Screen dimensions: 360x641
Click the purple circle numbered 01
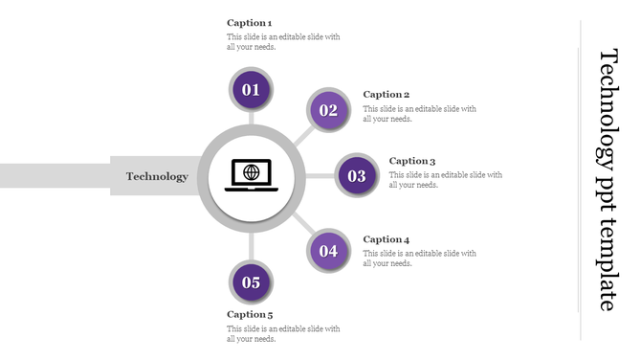click(252, 90)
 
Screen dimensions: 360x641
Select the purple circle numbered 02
click(328, 110)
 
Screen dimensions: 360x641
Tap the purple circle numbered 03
click(357, 176)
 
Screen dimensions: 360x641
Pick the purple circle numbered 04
click(328, 252)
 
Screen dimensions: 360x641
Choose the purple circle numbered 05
click(252, 282)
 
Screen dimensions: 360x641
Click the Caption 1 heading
click(249, 22)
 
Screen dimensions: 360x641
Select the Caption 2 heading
click(387, 95)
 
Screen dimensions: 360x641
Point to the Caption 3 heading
click(412, 161)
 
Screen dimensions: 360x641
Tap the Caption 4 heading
click(387, 239)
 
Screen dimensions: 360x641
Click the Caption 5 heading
click(249, 314)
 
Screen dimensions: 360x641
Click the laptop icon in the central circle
click(252, 175)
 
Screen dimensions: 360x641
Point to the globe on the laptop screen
click(252, 172)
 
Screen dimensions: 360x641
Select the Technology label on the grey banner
click(157, 176)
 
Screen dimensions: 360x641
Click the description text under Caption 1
click(283, 42)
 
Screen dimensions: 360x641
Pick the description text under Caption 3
click(445, 180)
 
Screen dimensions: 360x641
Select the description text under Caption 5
click(283, 333)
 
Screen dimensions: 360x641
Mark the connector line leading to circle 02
click(301, 135)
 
